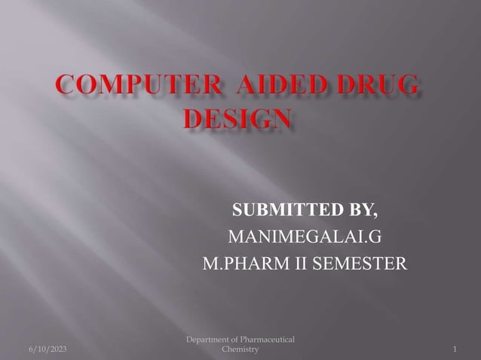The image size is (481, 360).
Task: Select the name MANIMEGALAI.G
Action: pyautogui.click(x=305, y=238)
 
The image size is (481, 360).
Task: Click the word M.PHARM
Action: pyautogui.click(x=240, y=265)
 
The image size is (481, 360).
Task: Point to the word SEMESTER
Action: pyautogui.click(x=357, y=265)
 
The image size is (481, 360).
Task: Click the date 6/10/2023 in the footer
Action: pyautogui.click(x=47, y=350)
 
